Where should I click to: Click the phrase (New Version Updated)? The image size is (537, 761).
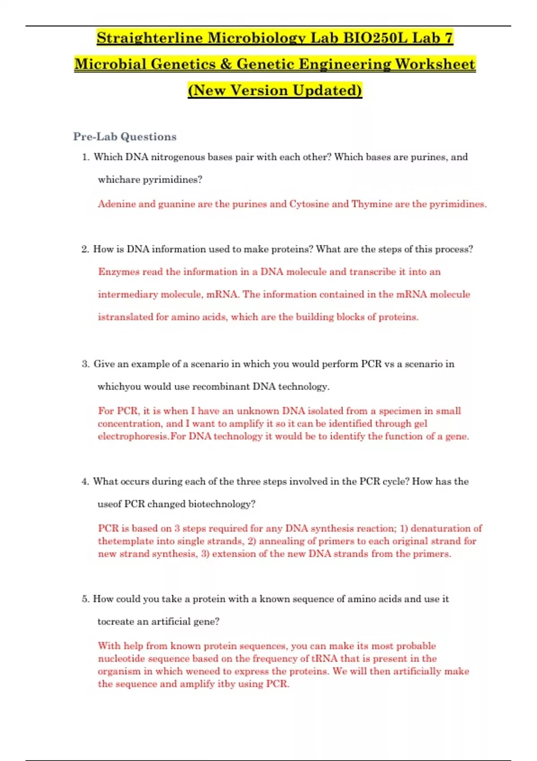275,90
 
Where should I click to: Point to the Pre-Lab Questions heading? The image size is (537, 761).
125,137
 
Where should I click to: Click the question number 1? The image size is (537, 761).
85,157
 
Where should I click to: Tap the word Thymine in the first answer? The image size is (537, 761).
371,204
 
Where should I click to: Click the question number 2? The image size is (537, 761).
85,249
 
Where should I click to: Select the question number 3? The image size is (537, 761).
85,364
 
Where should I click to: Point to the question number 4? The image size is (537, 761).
85,482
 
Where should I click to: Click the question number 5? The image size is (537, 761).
85,599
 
